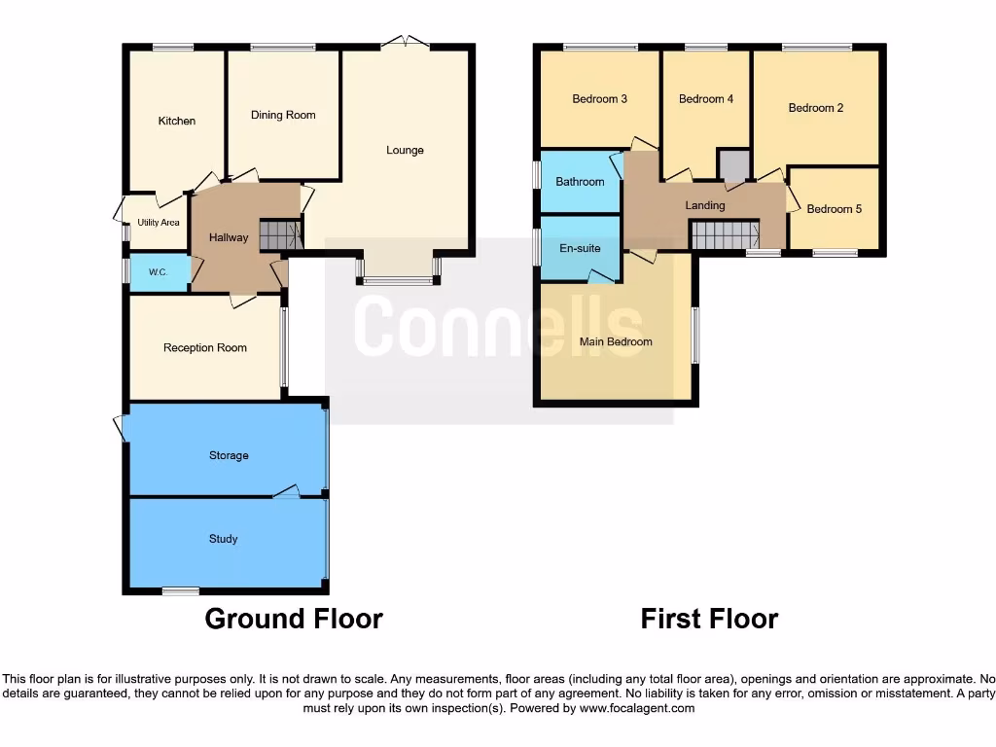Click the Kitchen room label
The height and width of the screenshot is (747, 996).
177,121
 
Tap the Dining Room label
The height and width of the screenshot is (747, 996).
283,115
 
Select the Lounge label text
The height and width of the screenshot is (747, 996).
405,150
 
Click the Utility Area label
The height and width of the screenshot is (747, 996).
158,223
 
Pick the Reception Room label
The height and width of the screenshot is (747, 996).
205,347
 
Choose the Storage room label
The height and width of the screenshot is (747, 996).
229,455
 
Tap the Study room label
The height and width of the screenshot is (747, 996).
223,539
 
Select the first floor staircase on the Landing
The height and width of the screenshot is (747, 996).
724,234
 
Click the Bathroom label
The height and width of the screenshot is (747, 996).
580,182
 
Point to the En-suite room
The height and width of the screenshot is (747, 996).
580,248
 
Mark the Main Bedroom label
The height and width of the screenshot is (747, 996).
616,341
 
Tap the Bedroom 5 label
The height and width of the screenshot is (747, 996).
835,209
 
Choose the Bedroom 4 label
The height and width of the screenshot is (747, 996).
706,98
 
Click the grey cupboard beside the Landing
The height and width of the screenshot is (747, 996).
733,165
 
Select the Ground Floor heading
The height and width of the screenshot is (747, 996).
294,619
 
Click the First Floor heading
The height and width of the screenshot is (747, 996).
710,619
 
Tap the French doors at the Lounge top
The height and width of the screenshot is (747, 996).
405,42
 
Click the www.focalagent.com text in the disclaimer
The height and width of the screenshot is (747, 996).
636,709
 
